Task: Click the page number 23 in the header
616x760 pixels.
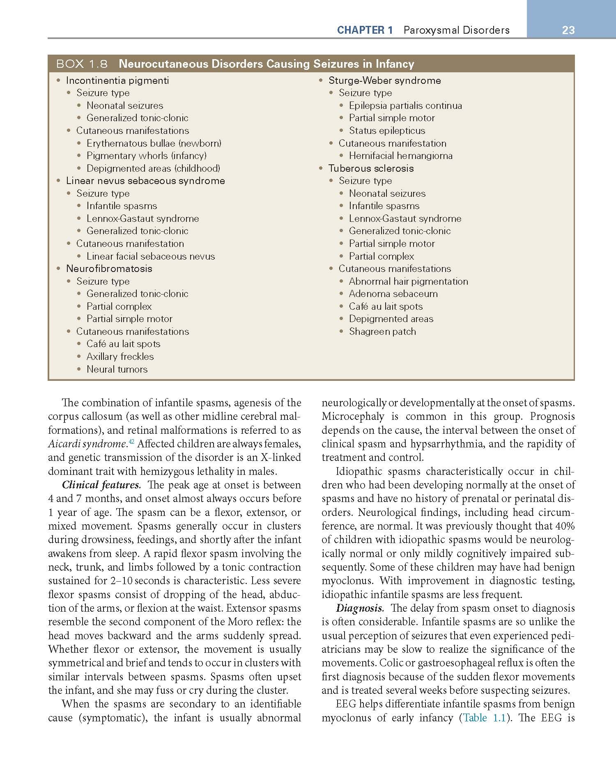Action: [568, 30]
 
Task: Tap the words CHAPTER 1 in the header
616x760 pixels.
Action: [365, 30]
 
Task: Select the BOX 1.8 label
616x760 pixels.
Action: [82, 64]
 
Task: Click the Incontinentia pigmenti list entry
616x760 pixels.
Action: [117, 81]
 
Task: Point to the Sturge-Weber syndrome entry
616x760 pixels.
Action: [384, 81]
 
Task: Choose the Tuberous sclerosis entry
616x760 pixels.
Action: [371, 168]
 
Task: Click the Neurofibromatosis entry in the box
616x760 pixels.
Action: [109, 269]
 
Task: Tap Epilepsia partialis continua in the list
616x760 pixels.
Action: [405, 106]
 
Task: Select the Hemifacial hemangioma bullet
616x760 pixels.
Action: [400, 156]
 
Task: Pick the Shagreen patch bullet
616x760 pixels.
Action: [382, 332]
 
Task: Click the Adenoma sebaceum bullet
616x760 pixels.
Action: [393, 294]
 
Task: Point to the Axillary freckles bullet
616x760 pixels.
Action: [120, 357]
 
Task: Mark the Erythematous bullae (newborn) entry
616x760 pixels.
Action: [154, 143]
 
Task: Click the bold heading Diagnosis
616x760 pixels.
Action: [360, 608]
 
